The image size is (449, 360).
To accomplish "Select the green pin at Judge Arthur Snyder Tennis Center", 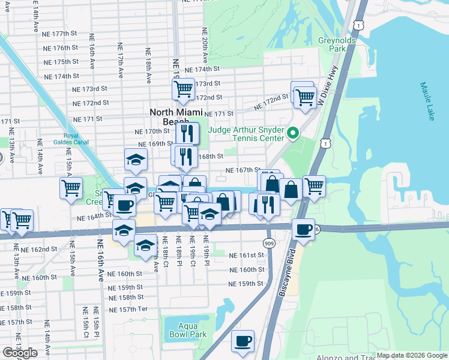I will [293, 133].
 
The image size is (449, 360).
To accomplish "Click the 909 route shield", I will [268, 243].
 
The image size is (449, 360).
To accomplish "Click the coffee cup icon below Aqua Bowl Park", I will [243, 341].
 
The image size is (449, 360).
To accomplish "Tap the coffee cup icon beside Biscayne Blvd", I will [303, 229].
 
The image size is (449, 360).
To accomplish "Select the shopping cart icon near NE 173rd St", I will [182, 89].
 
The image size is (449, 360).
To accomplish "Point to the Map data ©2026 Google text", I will [412, 355].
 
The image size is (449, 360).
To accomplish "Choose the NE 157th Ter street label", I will [129, 310].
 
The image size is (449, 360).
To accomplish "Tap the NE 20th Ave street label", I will [205, 46].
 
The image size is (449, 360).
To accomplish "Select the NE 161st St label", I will [246, 255].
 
